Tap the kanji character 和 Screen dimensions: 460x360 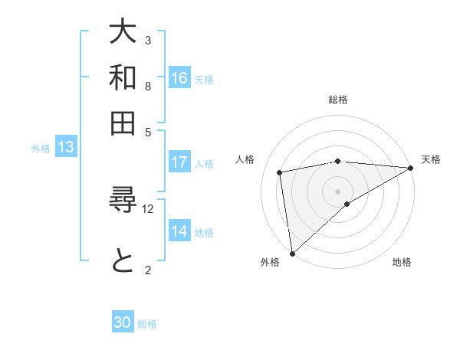coord(123,77)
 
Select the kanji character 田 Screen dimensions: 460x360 coord(123,123)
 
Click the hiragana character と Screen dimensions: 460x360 coord(123,261)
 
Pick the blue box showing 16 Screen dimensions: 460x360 coord(179,78)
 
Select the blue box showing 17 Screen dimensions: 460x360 coord(179,162)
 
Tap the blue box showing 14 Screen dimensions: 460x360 coord(179,231)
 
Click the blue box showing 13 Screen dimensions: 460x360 coord(65,148)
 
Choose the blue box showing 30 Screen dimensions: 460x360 coord(123,322)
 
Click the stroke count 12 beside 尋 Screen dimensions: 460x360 coord(148,208)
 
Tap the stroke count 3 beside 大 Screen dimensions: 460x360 coord(148,40)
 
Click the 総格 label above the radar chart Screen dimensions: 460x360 coord(338,100)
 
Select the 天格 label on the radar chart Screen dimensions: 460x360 coord(431,159)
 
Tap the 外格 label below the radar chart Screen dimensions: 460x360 coord(270,263)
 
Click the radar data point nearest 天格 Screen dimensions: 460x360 coord(410,168)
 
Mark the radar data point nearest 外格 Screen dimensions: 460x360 coord(292,253)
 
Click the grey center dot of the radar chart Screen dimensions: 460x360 coord(337,190)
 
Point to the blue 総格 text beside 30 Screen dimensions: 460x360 coord(148,324)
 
